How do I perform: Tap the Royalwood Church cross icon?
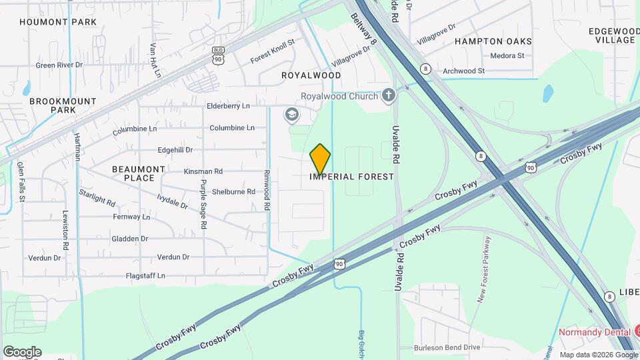pos(389,96)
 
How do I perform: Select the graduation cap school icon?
pos(291,115)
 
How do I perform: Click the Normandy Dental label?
pos(591,331)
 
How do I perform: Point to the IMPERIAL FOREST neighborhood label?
pos(352,177)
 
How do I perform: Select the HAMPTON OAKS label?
pos(493,41)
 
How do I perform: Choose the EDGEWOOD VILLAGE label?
pos(614,35)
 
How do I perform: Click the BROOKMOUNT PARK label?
pos(63,105)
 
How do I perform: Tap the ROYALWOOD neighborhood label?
pos(311,75)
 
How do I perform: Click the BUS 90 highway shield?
pos(218,55)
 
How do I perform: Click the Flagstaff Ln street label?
pos(145,275)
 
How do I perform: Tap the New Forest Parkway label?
pos(485,270)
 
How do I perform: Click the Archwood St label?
pos(463,71)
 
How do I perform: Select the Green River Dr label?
pos(59,65)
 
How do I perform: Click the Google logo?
pos(22,351)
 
